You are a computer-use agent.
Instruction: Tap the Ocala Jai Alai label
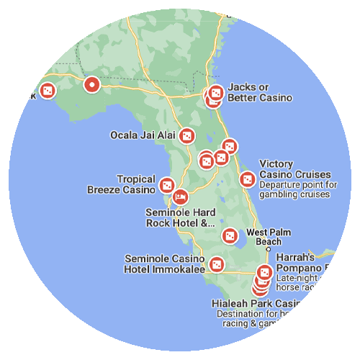(x=142, y=135)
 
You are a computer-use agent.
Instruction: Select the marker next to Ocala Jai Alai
(x=187, y=135)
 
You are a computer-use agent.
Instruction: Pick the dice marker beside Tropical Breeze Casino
(x=167, y=185)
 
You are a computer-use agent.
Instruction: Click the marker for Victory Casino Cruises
(x=246, y=179)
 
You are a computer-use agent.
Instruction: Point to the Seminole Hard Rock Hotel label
(x=180, y=218)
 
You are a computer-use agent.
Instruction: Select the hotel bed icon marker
(x=180, y=196)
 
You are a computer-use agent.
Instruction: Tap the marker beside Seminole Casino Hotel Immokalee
(x=215, y=265)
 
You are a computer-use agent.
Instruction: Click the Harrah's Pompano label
(x=302, y=262)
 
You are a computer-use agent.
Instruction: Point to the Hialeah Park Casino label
(x=256, y=304)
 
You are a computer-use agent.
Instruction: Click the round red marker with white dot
(x=91, y=85)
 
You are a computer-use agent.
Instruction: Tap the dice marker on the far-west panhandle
(x=48, y=91)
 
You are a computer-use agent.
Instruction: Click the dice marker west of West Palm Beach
(x=230, y=235)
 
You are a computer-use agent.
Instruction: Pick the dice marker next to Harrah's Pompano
(x=264, y=273)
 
